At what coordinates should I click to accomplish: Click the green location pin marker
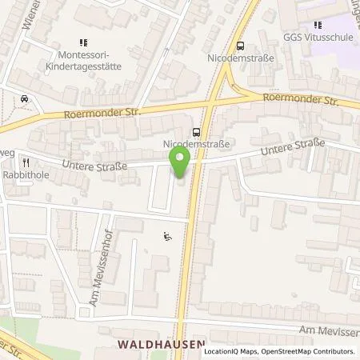[x=181, y=162]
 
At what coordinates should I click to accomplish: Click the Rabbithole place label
[x=26, y=171]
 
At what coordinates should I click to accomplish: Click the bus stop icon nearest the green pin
[x=197, y=133]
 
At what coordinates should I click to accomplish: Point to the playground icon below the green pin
[x=167, y=236]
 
